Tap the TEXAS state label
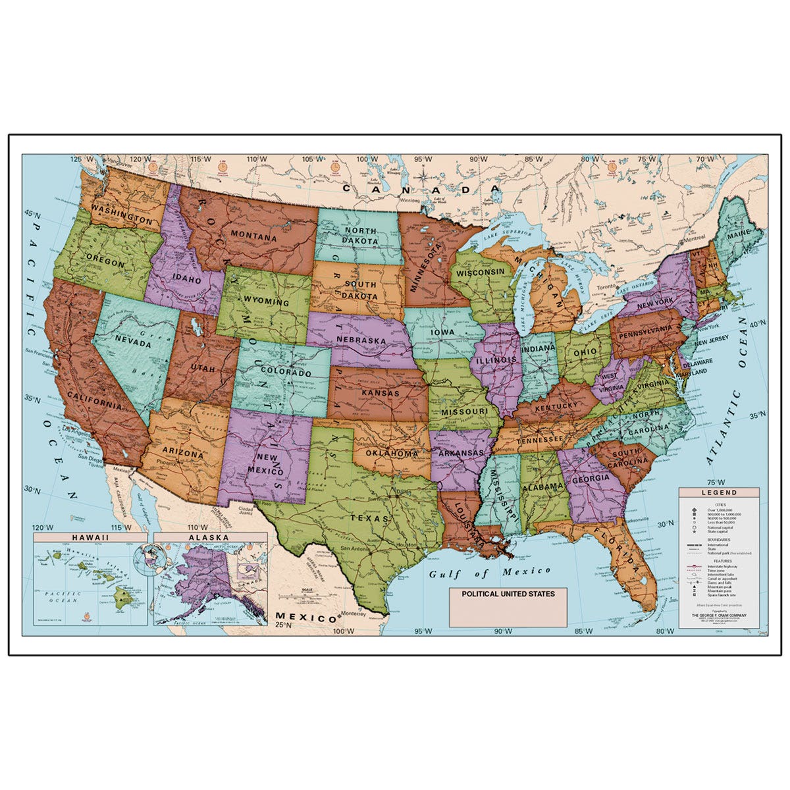coord(361,518)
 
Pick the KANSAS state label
coord(380,393)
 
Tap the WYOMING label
coord(266,302)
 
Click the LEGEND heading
coord(718,492)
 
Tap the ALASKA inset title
coord(209,537)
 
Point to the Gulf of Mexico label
coord(490,573)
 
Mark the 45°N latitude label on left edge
coord(32,215)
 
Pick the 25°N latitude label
coord(288,625)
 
